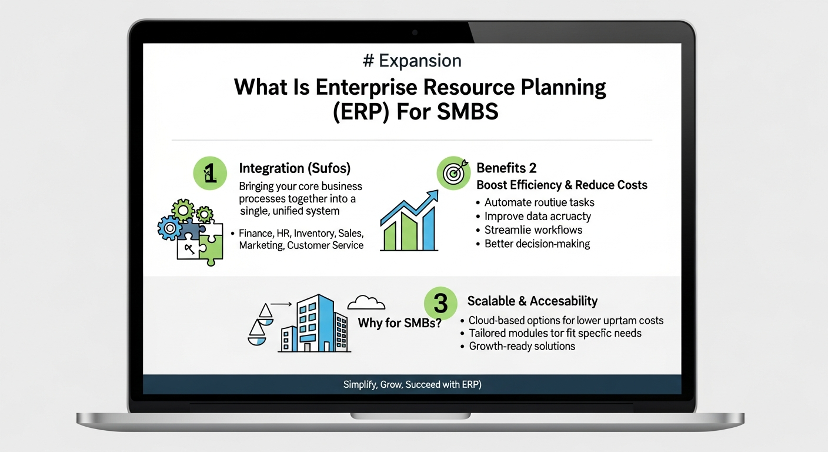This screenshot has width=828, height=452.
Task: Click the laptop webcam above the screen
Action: tap(414, 31)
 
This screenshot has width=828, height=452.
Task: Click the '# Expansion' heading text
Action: tap(413, 61)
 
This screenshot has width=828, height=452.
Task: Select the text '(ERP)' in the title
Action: tap(359, 111)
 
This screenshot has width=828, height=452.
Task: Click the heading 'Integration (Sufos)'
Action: tap(295, 168)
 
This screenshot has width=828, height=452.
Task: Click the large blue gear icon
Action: tap(171, 227)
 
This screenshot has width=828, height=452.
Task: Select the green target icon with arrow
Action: tap(453, 172)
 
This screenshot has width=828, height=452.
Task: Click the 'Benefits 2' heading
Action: tap(506, 168)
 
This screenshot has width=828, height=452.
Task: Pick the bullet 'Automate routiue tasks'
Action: tap(539, 202)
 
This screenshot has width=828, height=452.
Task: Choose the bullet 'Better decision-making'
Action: tap(537, 243)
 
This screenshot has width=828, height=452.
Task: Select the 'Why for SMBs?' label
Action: tap(400, 323)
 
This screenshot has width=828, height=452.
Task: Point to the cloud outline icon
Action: tap(366, 303)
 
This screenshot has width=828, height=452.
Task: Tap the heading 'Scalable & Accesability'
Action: tap(532, 301)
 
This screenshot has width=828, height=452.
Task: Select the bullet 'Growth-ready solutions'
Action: tap(522, 346)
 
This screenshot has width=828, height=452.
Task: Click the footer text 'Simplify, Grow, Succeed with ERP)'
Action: tap(412, 385)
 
